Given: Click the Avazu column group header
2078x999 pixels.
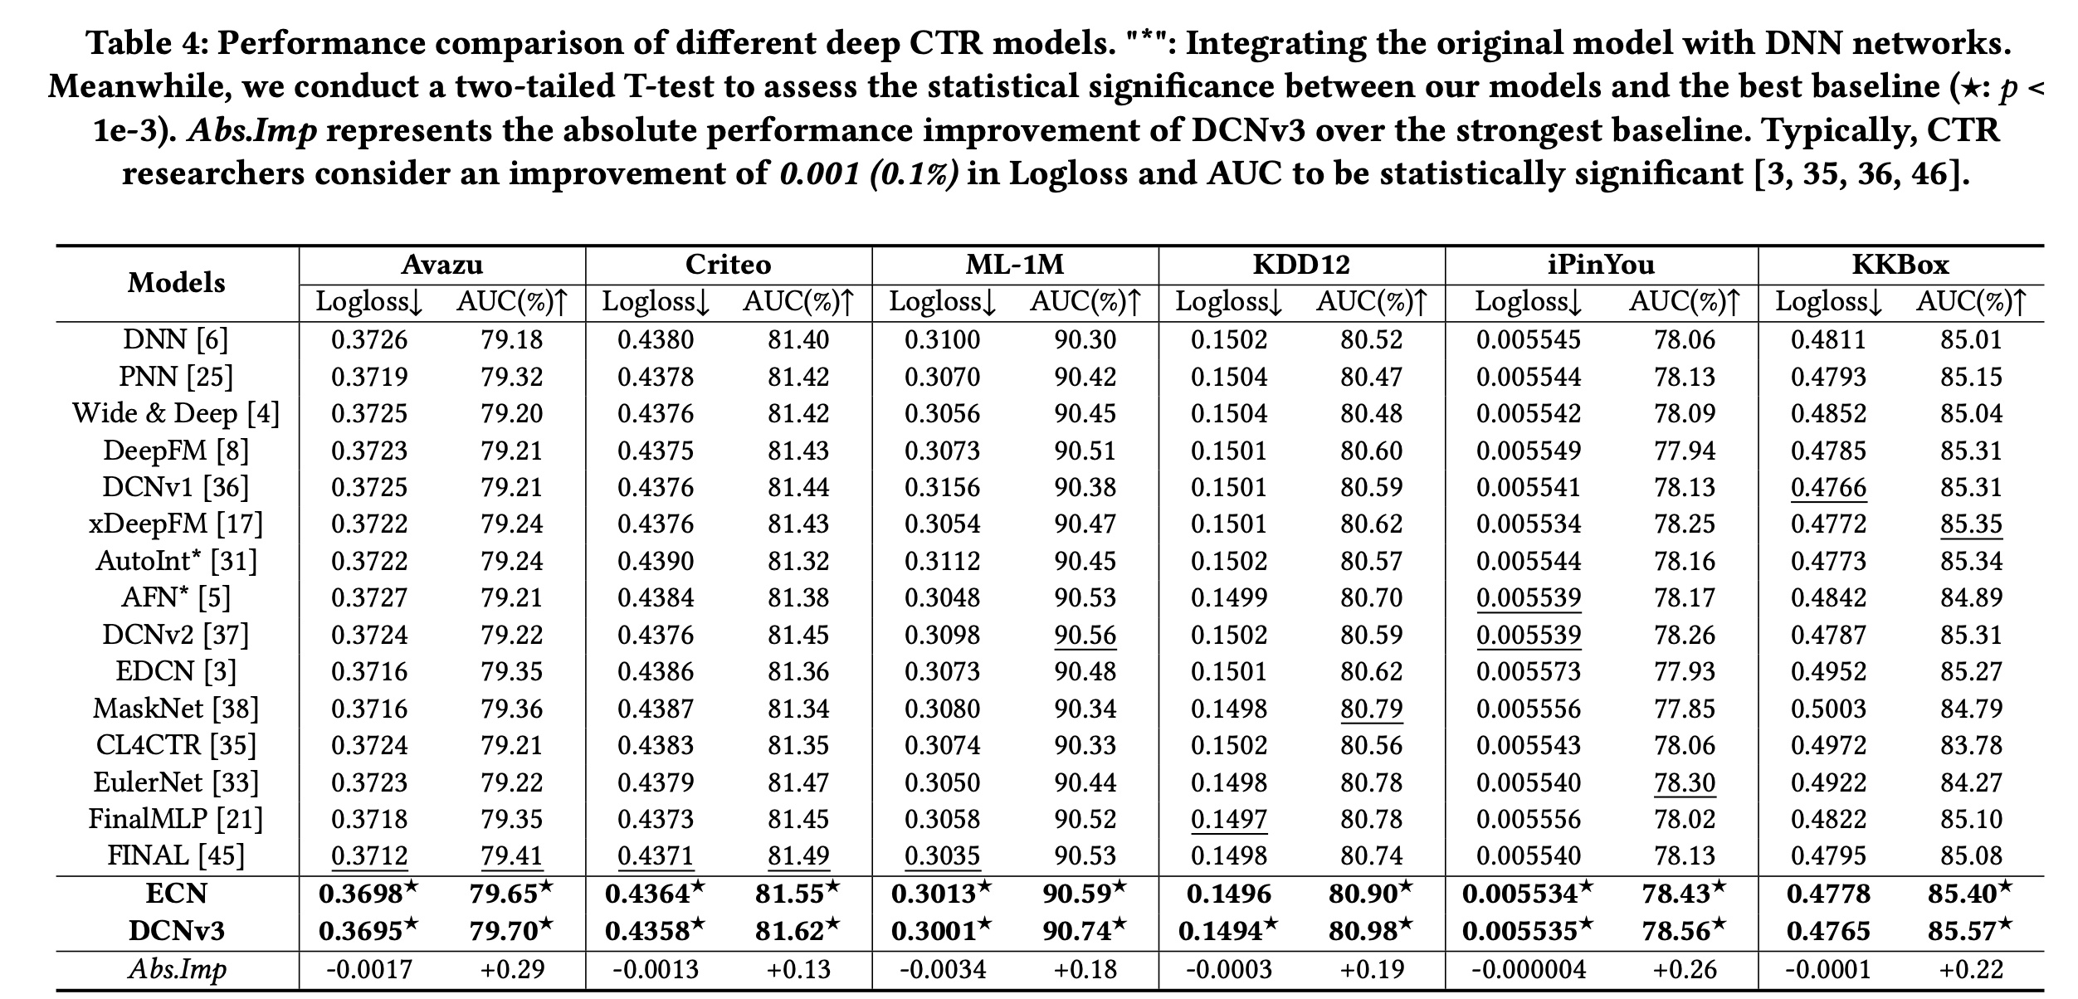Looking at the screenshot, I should [x=441, y=265].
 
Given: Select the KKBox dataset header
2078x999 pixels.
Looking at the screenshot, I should [x=1900, y=265].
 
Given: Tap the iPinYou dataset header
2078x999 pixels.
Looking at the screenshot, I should [x=1601, y=265].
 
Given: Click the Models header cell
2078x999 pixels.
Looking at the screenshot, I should [x=176, y=283].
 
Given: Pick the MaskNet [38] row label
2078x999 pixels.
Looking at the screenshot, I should [x=176, y=709].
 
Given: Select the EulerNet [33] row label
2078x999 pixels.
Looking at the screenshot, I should [x=176, y=782].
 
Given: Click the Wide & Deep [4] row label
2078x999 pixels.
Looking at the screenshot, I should [x=176, y=413].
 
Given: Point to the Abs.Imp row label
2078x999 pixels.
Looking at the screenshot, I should [x=176, y=969].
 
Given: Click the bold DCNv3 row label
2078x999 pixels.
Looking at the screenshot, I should [x=176, y=931].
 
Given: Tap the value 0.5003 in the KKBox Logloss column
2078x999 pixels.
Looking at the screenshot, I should [x=1828, y=709].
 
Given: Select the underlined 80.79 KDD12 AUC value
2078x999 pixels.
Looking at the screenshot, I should [x=1371, y=709].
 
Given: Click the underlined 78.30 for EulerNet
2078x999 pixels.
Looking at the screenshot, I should [x=1684, y=782].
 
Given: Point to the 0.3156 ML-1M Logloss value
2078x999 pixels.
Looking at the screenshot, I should [x=942, y=487].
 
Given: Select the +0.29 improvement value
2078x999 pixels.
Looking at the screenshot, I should [x=512, y=969].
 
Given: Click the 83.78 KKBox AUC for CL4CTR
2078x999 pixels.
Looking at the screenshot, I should [x=1971, y=745].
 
